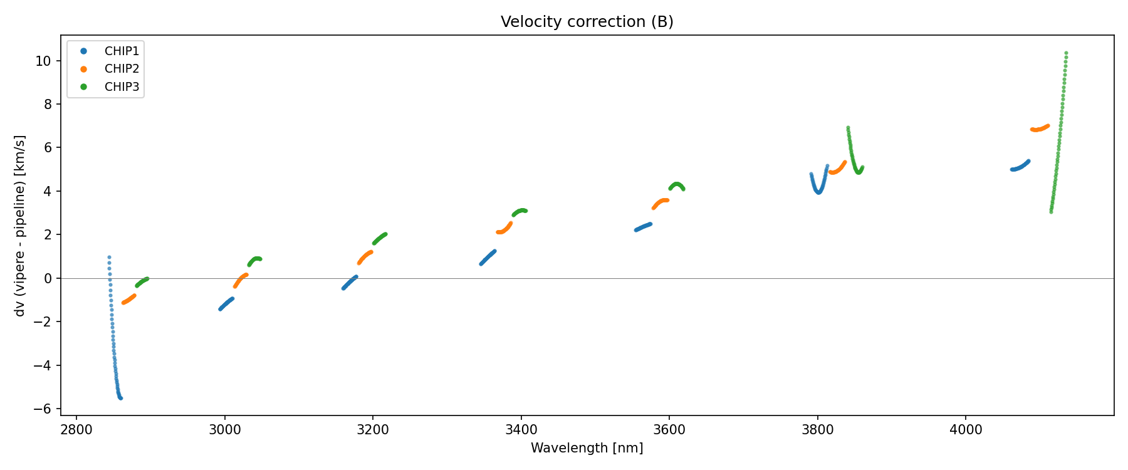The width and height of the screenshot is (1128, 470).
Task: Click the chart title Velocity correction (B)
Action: click(587, 22)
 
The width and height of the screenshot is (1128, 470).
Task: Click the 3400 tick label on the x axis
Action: click(521, 429)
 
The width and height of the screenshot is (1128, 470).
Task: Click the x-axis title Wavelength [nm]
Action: click(587, 448)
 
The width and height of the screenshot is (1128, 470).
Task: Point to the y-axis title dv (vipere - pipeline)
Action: click(20, 226)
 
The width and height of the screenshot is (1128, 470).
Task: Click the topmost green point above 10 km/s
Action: click(1066, 53)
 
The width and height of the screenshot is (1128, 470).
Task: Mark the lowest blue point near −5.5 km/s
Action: click(120, 398)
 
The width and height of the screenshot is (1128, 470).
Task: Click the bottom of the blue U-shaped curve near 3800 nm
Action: click(818, 192)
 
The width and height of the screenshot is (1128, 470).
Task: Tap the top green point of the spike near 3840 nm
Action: click(848, 128)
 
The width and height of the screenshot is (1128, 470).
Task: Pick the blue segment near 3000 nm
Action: click(226, 304)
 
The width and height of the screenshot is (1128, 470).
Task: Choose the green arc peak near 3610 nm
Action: click(677, 184)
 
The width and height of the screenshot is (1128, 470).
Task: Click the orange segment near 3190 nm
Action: click(365, 257)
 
